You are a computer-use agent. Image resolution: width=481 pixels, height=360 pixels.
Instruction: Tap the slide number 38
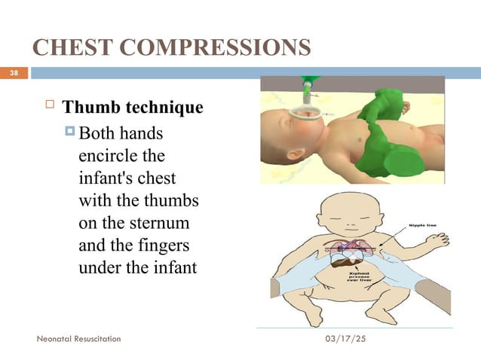(13, 73)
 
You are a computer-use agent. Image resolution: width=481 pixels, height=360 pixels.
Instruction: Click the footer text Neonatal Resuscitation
(78, 340)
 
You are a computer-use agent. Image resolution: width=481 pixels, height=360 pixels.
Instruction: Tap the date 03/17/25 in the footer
(344, 340)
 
